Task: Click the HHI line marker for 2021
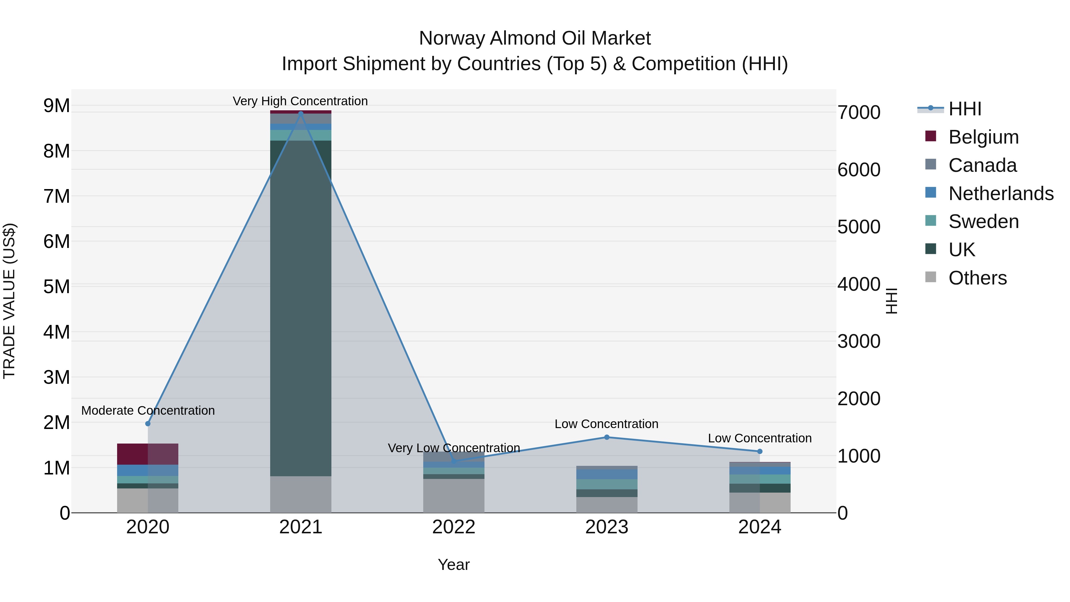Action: pos(301,113)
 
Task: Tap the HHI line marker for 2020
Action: pos(148,423)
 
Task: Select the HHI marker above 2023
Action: pos(606,437)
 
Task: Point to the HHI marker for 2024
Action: pos(760,451)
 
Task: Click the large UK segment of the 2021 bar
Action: pos(301,307)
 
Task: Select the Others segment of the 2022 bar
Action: pos(454,495)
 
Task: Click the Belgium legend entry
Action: pos(983,137)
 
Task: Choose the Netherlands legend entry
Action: pos(1000,194)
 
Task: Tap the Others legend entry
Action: pos(977,278)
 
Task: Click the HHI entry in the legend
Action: pos(964,109)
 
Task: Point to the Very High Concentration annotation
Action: pos(300,101)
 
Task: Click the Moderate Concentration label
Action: pos(148,411)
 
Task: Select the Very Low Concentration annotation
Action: pos(454,448)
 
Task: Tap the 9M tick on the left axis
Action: pos(56,106)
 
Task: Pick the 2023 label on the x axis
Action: pos(606,527)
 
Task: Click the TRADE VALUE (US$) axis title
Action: pos(9,301)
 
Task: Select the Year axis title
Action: pos(454,565)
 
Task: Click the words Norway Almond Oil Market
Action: pos(535,38)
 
